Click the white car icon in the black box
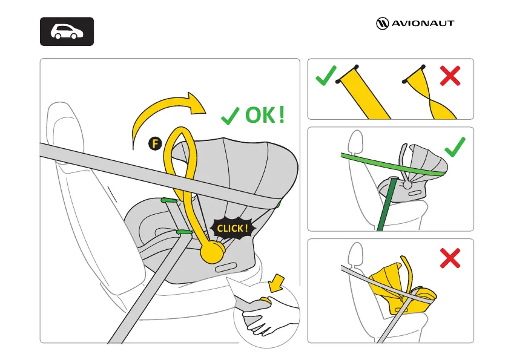tap(67, 31)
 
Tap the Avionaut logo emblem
tap(383, 24)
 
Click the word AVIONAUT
tap(422, 24)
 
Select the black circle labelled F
tap(155, 143)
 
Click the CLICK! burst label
tap(231, 228)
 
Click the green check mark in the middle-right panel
tap(455, 146)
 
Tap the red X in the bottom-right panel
tap(450, 259)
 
